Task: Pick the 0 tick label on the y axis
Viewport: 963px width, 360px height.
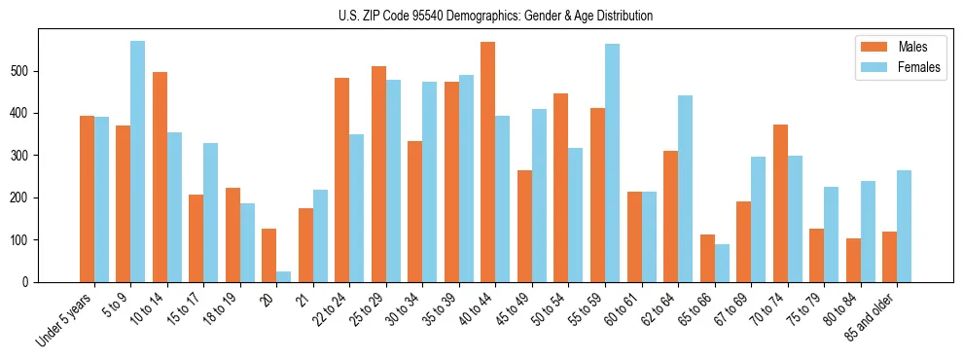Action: pyautogui.click(x=32, y=282)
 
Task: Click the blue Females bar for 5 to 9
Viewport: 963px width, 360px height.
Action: pyautogui.click(x=138, y=162)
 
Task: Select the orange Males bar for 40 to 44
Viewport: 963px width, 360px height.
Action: pyautogui.click(x=488, y=162)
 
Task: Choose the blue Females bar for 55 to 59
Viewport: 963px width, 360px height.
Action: pyautogui.click(x=612, y=162)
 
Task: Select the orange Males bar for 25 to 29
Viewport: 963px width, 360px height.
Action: pyautogui.click(x=378, y=174)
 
